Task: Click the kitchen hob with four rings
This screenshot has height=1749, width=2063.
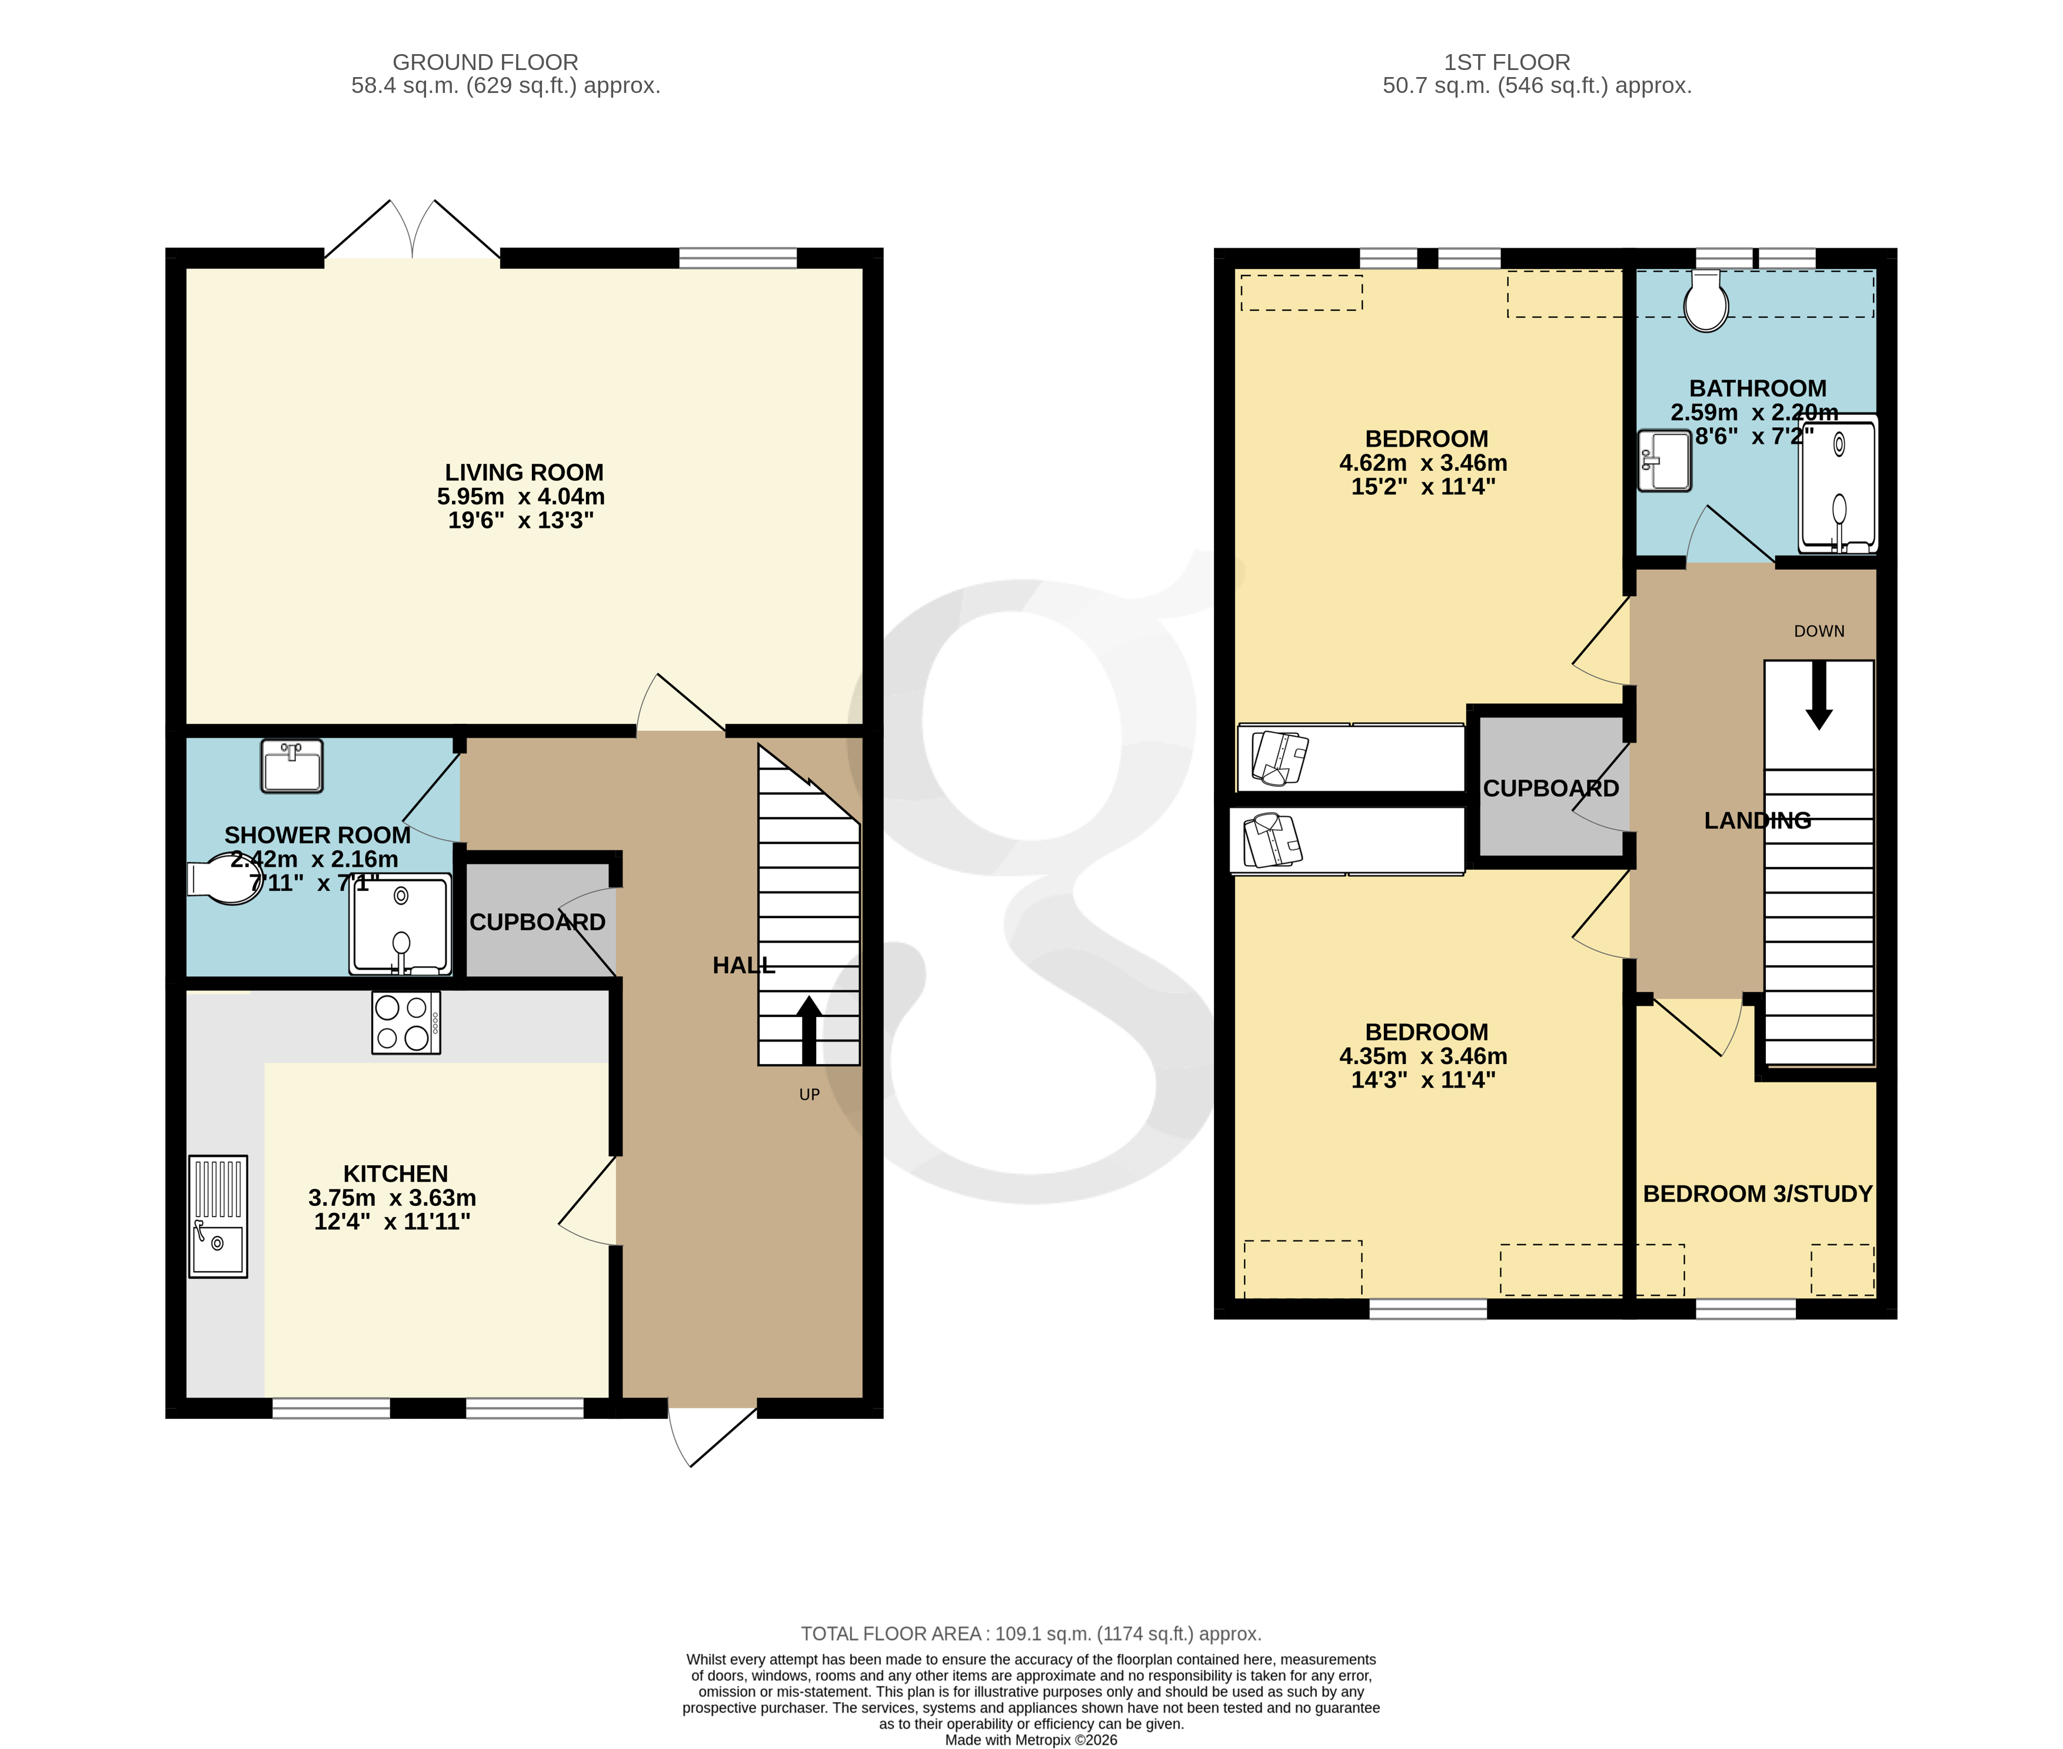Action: click(x=405, y=1022)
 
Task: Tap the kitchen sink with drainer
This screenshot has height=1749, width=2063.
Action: click(x=218, y=1216)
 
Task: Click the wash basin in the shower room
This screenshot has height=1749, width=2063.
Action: click(x=292, y=766)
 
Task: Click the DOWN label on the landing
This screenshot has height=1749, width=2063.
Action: click(x=1818, y=631)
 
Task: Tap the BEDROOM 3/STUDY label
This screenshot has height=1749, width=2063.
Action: click(x=1756, y=1194)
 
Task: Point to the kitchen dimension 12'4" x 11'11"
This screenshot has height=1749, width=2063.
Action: click(x=391, y=1222)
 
